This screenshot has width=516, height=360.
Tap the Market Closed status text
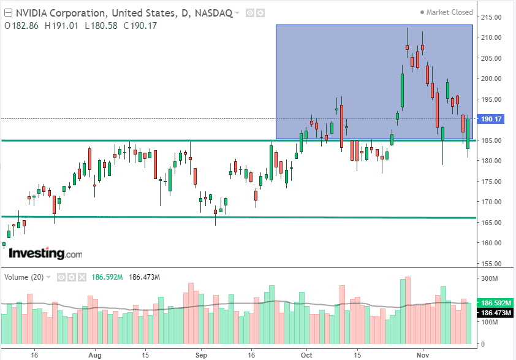click(x=449, y=12)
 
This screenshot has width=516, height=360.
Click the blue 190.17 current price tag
click(x=493, y=119)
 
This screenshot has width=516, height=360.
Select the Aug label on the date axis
click(x=94, y=355)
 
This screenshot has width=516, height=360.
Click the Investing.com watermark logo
click(x=45, y=253)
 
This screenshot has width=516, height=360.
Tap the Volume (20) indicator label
click(x=24, y=277)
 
